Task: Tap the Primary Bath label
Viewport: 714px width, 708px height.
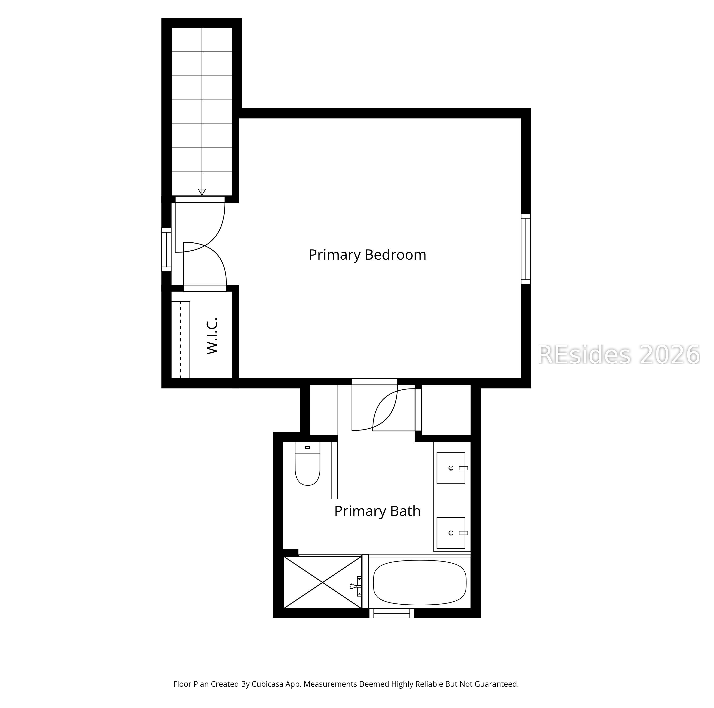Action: (x=377, y=511)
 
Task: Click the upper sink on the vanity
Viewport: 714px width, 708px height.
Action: (x=451, y=468)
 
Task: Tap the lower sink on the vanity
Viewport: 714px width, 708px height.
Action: (x=451, y=533)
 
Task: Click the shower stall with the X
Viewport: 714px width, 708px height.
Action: (x=323, y=582)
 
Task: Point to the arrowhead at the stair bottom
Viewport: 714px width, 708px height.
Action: (x=202, y=192)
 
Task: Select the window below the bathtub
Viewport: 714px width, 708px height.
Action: (x=392, y=613)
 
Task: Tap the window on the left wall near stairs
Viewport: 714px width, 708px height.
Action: (x=167, y=249)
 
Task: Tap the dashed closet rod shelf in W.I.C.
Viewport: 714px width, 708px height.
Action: (x=181, y=340)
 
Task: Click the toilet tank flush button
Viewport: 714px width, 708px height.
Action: (x=307, y=447)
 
